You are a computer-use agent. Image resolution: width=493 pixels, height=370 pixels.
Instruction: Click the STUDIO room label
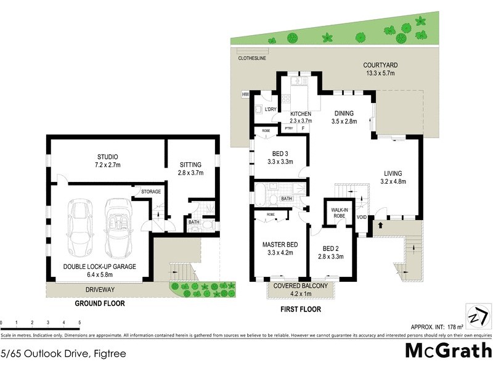[x=107, y=157]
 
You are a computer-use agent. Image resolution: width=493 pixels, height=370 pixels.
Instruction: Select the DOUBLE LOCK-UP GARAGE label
[x=99, y=266]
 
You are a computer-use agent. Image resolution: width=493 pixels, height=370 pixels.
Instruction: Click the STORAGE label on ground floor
[x=151, y=192]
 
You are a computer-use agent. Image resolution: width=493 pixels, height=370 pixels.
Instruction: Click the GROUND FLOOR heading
[x=100, y=303]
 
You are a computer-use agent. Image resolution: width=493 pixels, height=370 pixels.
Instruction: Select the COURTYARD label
[x=380, y=65]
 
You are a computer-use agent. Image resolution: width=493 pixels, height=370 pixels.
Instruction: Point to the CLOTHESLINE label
[x=253, y=59]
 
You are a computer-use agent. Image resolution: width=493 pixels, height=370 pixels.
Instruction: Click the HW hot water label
[x=245, y=94]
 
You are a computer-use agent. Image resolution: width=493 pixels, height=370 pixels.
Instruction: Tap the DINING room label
[x=344, y=113]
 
